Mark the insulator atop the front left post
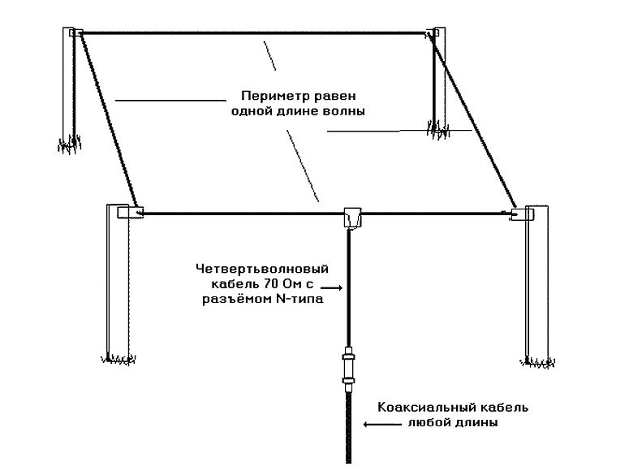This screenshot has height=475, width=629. pos(129,212)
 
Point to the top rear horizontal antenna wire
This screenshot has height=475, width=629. pos(252,33)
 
